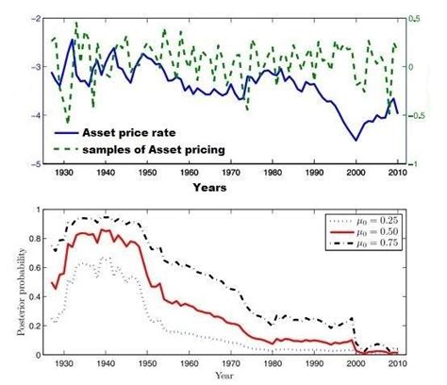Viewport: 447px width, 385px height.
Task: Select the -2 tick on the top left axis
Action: (x=35, y=19)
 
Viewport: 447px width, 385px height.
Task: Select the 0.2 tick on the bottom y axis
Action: (x=35, y=326)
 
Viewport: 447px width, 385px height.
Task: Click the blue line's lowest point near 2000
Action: (x=356, y=140)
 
